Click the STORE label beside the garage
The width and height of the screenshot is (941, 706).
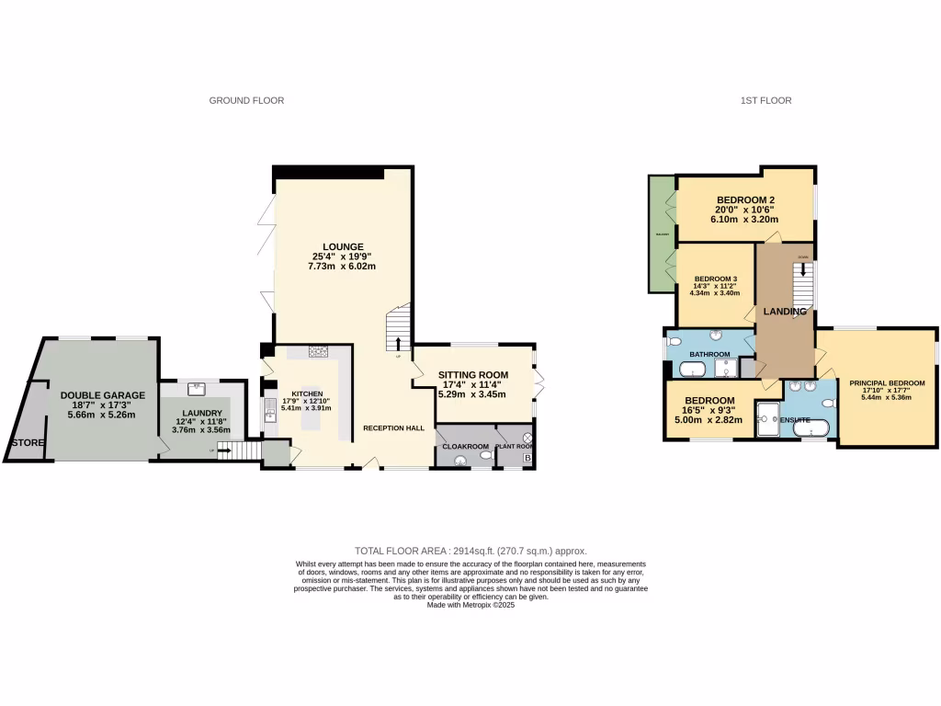point(27,443)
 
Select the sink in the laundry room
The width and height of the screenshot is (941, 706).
point(196,389)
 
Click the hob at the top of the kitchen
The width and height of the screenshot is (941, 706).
point(319,350)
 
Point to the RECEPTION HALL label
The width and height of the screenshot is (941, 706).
point(393,428)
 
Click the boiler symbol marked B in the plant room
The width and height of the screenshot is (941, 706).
point(527,457)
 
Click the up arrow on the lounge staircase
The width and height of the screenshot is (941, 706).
point(399,343)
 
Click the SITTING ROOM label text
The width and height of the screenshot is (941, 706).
point(473,375)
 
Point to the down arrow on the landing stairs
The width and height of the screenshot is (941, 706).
point(806,269)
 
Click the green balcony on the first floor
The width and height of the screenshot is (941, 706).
point(661,234)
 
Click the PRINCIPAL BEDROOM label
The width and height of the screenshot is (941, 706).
point(887,382)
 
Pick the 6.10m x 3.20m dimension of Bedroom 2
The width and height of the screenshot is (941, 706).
point(746,220)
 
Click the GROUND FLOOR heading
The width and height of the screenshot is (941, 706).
point(246,100)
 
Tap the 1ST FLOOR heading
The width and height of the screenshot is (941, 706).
point(765,100)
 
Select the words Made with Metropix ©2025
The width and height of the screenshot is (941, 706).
point(470,604)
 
